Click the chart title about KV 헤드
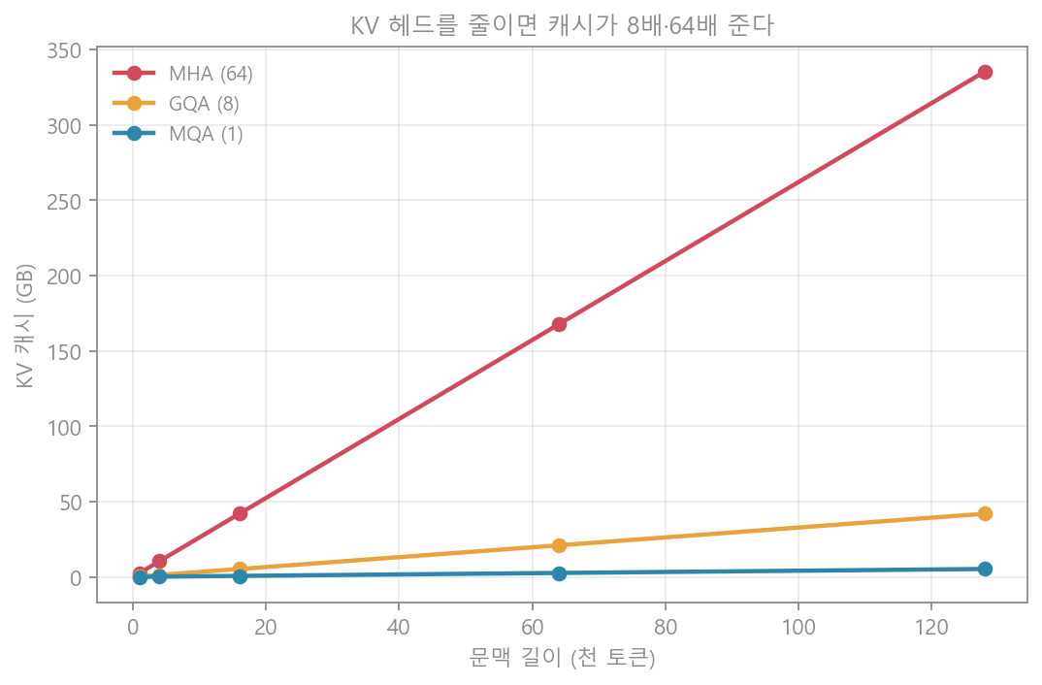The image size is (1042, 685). coord(562,26)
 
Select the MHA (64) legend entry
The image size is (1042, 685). coord(182,73)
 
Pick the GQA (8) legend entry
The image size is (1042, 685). coord(177,104)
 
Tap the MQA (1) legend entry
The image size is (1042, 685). coord(178,134)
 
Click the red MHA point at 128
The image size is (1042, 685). coord(985,73)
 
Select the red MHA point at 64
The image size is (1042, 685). coord(559,324)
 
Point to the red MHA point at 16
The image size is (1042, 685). coord(240,513)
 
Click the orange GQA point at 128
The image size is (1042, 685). coord(985,513)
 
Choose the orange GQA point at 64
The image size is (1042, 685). coord(559,545)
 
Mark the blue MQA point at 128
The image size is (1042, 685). coord(985,569)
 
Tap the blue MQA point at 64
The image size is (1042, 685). coord(559,573)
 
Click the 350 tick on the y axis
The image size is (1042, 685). coord(64,51)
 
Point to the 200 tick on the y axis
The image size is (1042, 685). coord(64,277)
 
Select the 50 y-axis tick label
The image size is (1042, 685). coord(71,503)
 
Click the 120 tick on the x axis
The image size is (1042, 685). coord(931,627)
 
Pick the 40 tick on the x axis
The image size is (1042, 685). coord(399,627)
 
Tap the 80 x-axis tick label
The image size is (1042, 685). coord(666,627)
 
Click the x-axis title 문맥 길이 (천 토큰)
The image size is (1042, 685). coord(562,658)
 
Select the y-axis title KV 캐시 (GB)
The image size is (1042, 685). coord(24,326)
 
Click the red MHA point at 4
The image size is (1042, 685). coord(159,562)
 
